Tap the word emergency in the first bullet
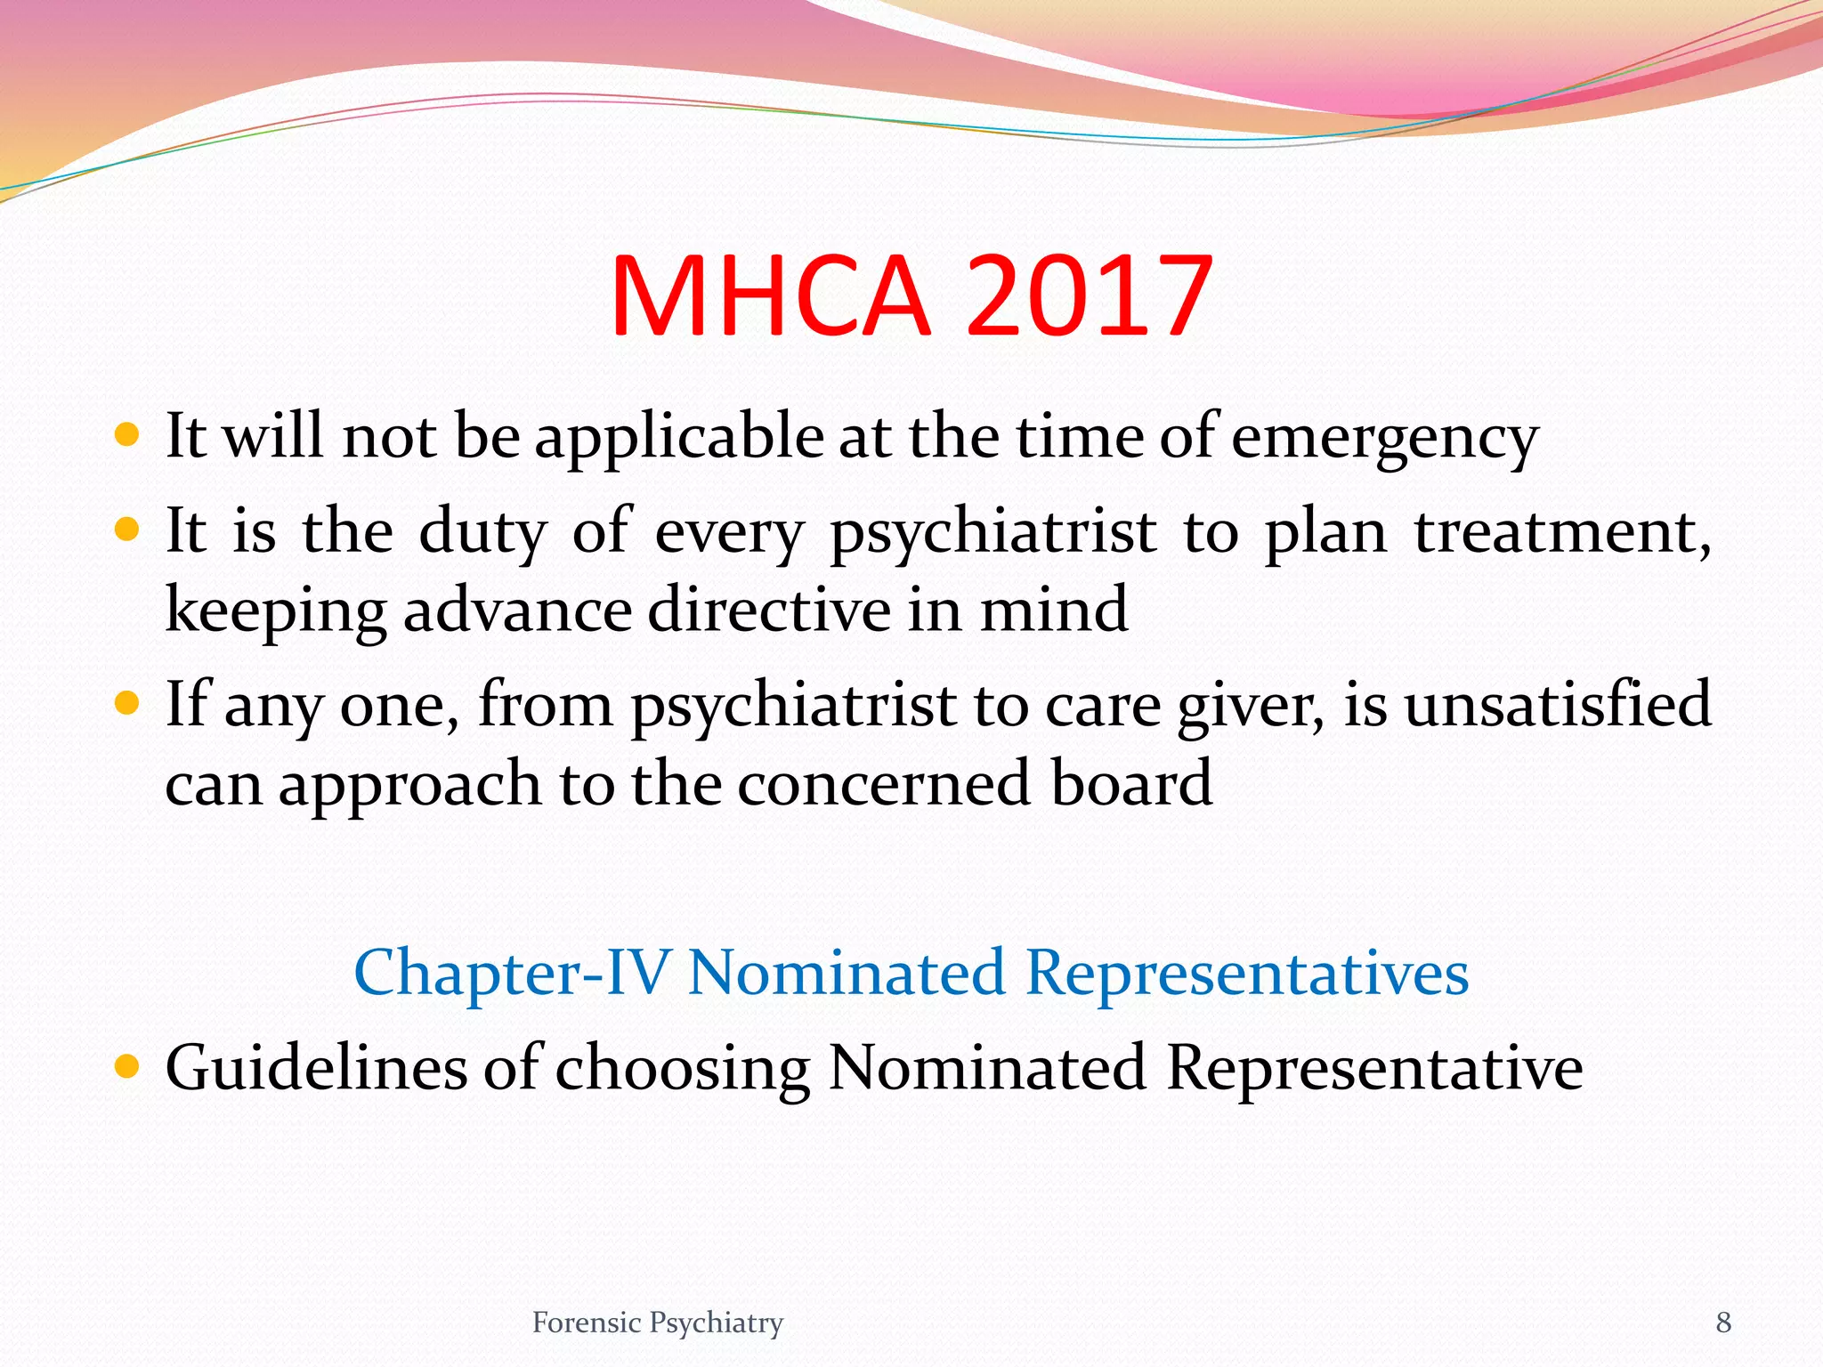[x=1384, y=438]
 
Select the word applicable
[x=678, y=438]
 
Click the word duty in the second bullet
[x=482, y=532]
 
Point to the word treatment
[x=1561, y=532]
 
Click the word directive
[x=769, y=611]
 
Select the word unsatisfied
[x=1558, y=704]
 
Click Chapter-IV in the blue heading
[x=511, y=973]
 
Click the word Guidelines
[x=316, y=1067]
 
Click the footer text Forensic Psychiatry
[x=657, y=1323]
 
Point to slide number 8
[x=1723, y=1323]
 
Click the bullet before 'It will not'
[x=128, y=435]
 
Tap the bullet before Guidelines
[x=128, y=1065]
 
